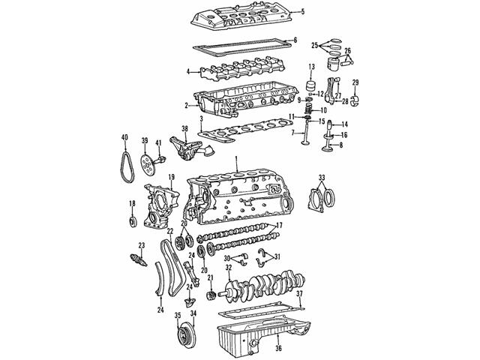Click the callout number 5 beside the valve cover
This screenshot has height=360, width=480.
point(302,12)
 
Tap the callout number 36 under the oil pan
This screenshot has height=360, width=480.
point(278,348)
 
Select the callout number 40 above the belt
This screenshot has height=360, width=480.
point(124,137)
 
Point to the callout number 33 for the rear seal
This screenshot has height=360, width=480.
point(322,178)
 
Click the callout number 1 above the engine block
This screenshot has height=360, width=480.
point(236,158)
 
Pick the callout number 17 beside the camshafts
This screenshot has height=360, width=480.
point(278,226)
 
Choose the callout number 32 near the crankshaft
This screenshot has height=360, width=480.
point(229,268)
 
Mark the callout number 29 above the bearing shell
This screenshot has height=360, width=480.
point(355,82)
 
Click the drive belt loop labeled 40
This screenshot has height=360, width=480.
point(127,167)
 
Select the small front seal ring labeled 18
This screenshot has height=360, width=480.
point(132,222)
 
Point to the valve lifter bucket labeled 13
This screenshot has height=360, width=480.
point(311,86)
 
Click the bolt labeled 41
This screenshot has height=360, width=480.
point(160,160)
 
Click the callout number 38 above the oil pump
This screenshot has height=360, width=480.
point(184,129)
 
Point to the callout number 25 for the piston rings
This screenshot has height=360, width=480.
point(315,46)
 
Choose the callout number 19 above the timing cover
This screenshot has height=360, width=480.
point(171,177)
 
